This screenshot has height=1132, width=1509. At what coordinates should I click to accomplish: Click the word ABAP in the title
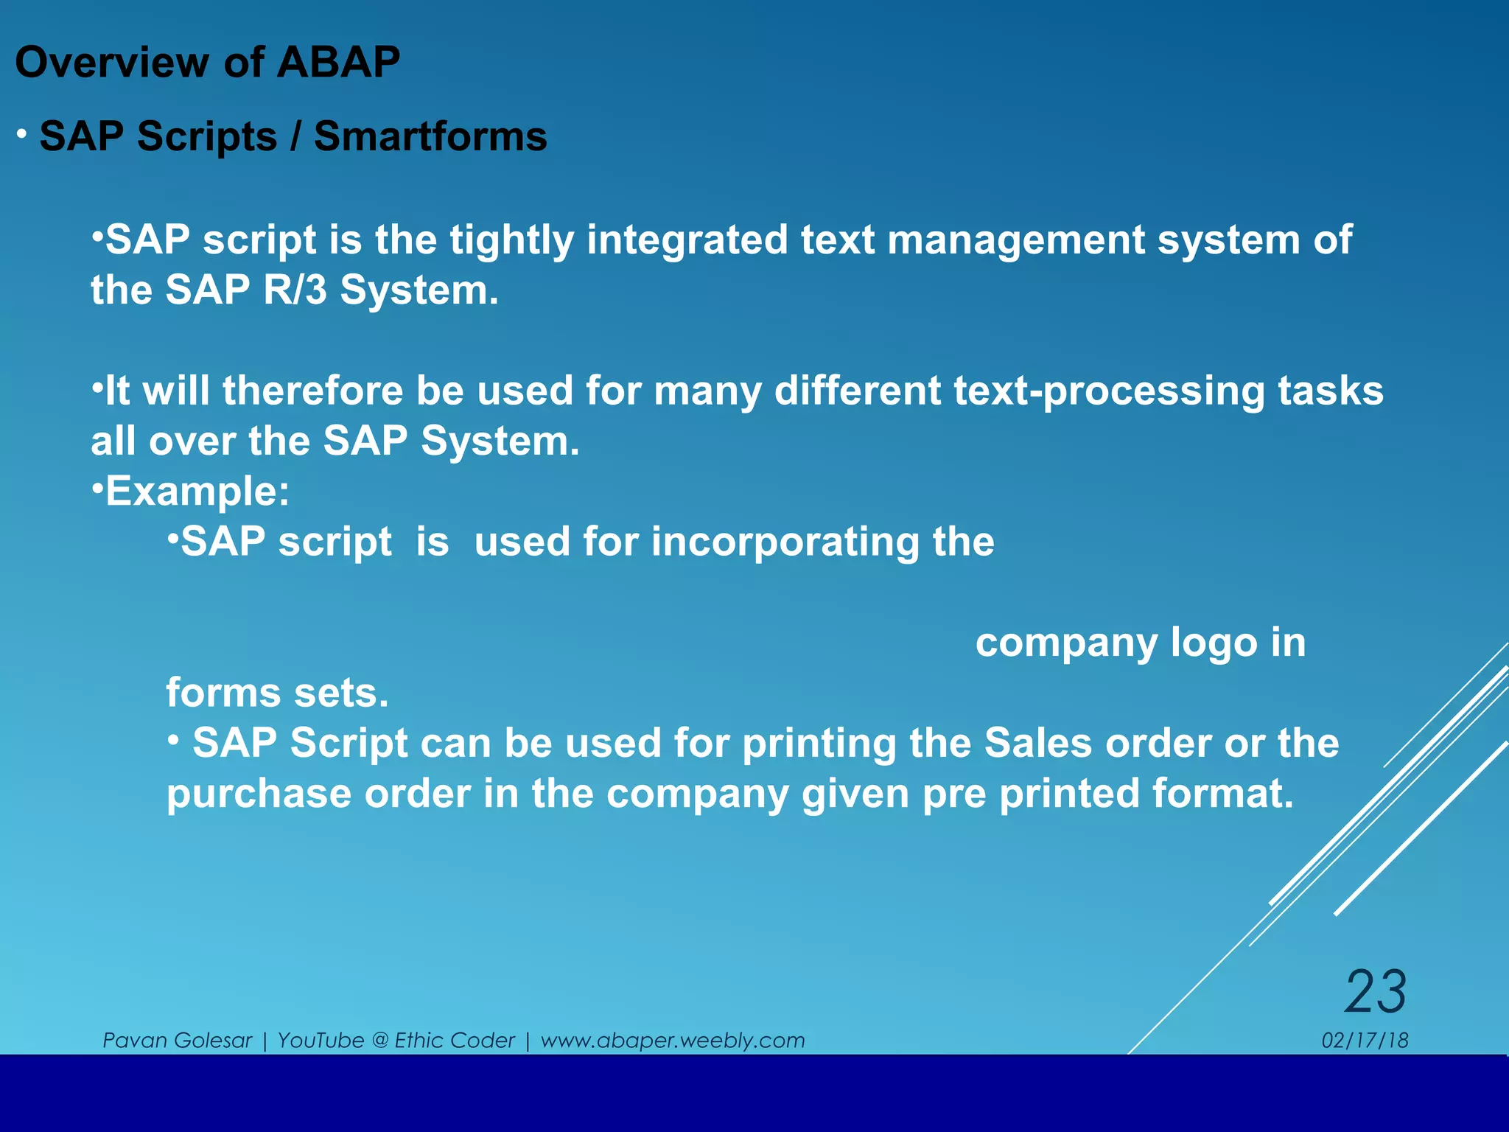click(x=338, y=62)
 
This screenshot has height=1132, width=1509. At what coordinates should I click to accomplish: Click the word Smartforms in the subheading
click(x=430, y=137)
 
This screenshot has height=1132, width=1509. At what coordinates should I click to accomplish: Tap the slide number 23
click(x=1375, y=992)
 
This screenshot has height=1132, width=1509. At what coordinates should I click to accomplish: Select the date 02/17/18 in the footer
click(x=1365, y=1041)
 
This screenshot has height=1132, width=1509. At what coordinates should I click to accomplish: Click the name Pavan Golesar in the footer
click(x=177, y=1041)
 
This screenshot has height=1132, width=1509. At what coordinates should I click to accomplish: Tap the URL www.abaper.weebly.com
click(x=672, y=1041)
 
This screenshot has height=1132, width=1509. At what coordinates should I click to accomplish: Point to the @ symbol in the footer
click(x=380, y=1041)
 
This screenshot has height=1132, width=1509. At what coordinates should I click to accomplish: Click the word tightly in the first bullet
click(x=511, y=240)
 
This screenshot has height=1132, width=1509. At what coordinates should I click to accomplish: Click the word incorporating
click(x=785, y=542)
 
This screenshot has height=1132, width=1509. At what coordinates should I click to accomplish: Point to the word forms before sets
click(x=223, y=693)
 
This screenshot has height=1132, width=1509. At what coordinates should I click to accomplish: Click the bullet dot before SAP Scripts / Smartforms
click(x=23, y=134)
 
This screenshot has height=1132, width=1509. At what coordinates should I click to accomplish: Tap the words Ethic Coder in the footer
click(x=455, y=1041)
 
